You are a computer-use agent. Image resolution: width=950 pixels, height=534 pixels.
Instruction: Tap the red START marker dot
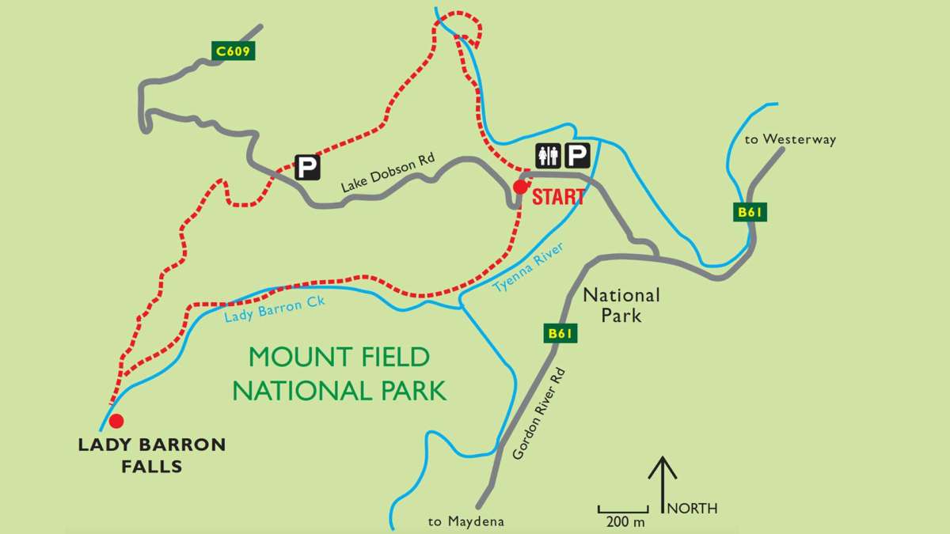coord(520,187)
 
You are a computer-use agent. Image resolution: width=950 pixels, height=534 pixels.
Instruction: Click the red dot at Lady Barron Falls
coord(116,420)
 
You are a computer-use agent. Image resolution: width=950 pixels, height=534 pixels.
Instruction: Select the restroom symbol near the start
coord(549,157)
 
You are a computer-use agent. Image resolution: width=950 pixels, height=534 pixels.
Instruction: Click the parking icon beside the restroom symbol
coord(579,157)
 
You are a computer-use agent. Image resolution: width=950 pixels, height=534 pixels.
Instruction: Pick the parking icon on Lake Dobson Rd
coord(306,167)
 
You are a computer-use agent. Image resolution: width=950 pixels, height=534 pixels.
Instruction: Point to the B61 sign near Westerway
coord(751,212)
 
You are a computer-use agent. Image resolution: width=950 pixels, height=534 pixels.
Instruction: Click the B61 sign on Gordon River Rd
coord(560,334)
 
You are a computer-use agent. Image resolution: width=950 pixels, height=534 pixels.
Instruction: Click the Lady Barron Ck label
coord(275,309)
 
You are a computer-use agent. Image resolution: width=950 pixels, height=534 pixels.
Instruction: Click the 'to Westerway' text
coord(790,140)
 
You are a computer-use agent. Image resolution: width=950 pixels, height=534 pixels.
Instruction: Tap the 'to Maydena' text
coord(465,521)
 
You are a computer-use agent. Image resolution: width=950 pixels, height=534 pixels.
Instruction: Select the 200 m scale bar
coord(621,509)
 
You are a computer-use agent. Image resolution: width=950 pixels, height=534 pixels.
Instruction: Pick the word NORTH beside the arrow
coord(693,509)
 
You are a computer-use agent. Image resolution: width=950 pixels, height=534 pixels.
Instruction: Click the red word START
coord(558,197)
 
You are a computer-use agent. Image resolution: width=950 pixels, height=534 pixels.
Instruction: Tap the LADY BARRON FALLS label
coord(152,456)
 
